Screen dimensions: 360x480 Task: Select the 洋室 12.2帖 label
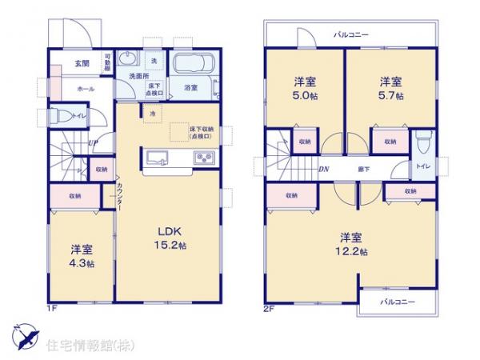[x=352, y=244]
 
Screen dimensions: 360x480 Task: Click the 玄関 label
[x=82, y=64]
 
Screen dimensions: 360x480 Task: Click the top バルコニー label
[x=350, y=35]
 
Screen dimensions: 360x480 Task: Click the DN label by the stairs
[x=325, y=170]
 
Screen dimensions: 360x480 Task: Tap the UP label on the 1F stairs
[x=94, y=144]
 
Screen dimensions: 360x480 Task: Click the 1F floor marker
[x=50, y=306]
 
